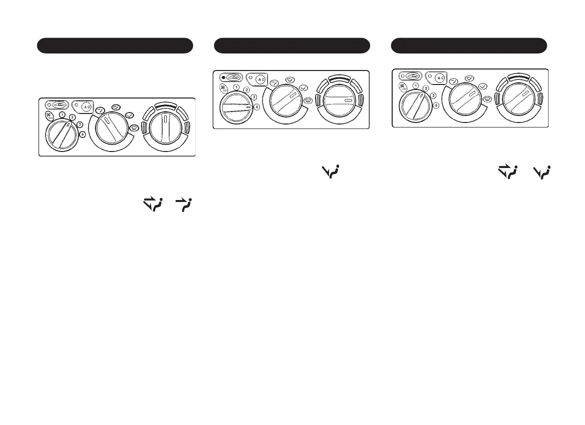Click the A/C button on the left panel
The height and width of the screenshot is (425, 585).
click(x=86, y=106)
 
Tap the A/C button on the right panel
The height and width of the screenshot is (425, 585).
click(x=439, y=77)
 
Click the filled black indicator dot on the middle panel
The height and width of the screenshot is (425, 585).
click(x=223, y=78)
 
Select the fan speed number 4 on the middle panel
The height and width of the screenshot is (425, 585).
click(x=257, y=107)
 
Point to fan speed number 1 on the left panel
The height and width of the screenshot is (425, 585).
click(x=62, y=114)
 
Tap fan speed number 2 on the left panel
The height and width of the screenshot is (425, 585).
click(x=73, y=117)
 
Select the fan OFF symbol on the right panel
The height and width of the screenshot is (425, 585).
click(x=402, y=86)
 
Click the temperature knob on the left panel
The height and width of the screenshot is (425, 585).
click(x=165, y=131)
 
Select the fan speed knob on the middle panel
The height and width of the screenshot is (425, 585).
click(x=237, y=108)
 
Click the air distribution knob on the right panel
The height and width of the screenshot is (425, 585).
click(x=466, y=100)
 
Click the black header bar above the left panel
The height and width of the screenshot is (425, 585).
click(x=115, y=45)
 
